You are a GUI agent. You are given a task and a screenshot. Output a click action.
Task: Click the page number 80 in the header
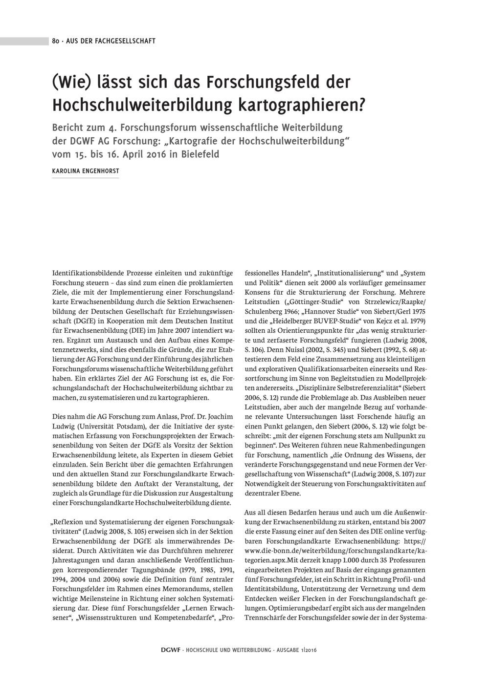[56, 41]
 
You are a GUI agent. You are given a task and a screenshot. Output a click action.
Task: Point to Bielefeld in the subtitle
[195, 154]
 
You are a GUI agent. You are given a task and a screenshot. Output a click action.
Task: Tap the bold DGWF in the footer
[171, 650]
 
